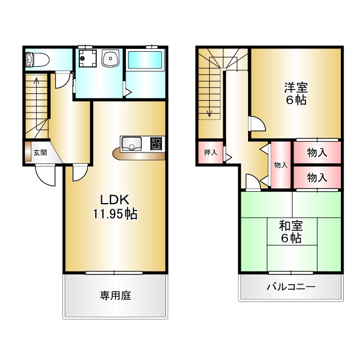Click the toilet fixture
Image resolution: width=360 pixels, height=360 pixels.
[36, 59]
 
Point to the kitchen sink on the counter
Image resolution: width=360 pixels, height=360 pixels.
[132, 143]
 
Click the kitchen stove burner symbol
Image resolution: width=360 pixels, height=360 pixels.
[156, 143]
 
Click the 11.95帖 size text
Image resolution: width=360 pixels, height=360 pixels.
[115, 214]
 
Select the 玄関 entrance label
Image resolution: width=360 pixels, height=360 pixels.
[39, 152]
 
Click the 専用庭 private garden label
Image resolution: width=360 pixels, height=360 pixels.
[115, 295]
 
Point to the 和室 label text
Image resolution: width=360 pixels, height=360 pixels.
[291, 226]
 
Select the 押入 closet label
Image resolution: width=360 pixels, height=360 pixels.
[210, 152]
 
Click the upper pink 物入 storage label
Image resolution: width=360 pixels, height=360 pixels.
[317, 152]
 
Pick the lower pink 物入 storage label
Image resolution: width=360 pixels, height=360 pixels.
[317, 178]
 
